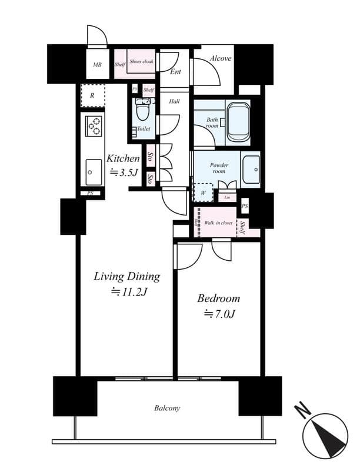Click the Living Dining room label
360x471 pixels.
pyautogui.click(x=127, y=276)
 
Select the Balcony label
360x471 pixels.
pyautogui.click(x=167, y=408)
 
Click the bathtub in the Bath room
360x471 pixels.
pyautogui.click(x=238, y=121)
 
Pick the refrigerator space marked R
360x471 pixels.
pyautogui.click(x=93, y=95)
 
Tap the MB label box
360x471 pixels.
pyautogui.click(x=98, y=65)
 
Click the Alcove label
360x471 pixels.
pyautogui.click(x=221, y=58)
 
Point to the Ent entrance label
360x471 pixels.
pyautogui.click(x=175, y=72)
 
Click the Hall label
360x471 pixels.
pyautogui.click(x=174, y=101)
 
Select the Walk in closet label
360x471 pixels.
pyautogui.click(x=218, y=223)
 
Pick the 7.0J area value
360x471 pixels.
pyautogui.click(x=219, y=314)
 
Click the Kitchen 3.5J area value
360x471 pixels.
pyautogui.click(x=123, y=173)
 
